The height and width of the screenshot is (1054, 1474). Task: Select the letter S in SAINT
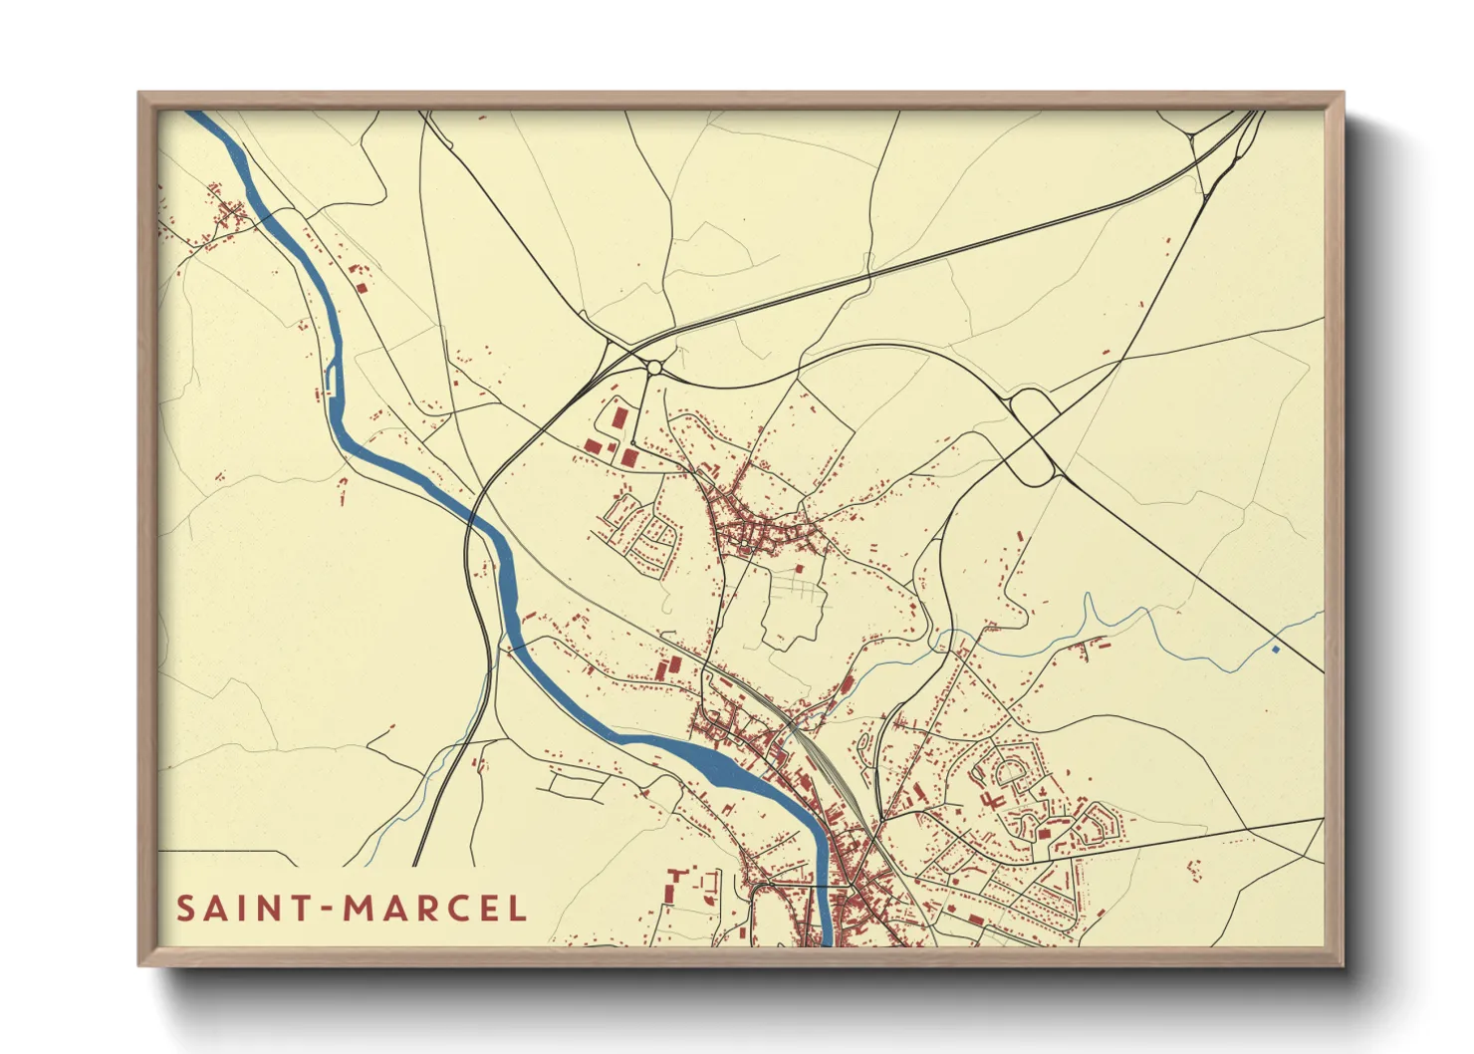click(185, 909)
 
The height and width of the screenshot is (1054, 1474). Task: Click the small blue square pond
click(1275, 650)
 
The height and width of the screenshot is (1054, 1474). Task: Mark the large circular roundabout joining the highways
click(654, 368)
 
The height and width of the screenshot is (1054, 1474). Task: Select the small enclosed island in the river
click(331, 380)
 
